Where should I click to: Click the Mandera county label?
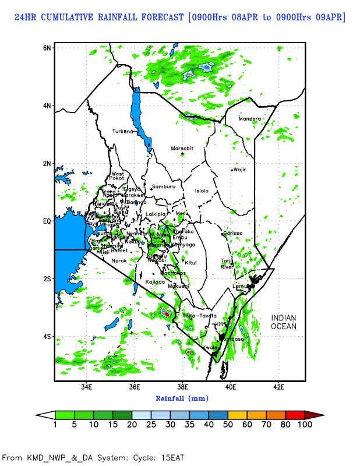coord(250,119)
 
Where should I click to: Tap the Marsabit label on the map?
coord(182,149)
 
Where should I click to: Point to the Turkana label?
coord(123,131)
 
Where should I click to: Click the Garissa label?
coord(233,233)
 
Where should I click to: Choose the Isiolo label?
coord(202,190)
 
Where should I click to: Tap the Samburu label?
coord(164,186)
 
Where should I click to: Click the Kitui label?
coord(191,262)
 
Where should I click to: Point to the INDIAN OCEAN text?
coord(284,322)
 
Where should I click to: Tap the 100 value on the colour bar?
coord(305,425)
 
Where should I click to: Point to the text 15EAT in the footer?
coord(173,457)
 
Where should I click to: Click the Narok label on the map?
coord(119,260)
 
